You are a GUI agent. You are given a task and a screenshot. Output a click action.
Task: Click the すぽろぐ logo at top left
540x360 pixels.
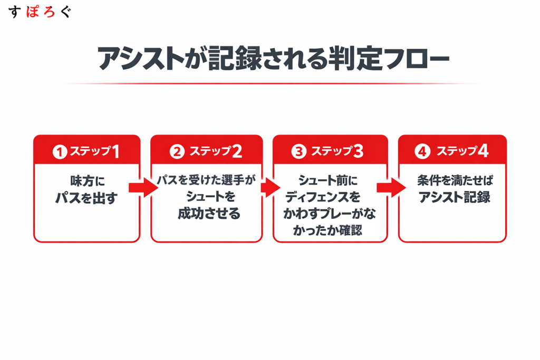pos(40,12)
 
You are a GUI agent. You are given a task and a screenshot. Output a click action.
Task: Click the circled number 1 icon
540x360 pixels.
pos(60,152)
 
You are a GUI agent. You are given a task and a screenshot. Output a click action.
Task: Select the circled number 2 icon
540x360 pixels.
pos(177,152)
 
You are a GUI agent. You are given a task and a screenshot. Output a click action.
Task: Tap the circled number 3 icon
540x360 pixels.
pos(298,152)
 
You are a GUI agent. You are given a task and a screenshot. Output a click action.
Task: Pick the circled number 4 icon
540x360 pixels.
pos(421,152)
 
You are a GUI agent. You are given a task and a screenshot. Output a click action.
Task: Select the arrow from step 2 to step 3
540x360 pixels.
pos(269,187)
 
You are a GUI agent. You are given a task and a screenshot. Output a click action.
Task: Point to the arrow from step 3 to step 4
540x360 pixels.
pos(391,187)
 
